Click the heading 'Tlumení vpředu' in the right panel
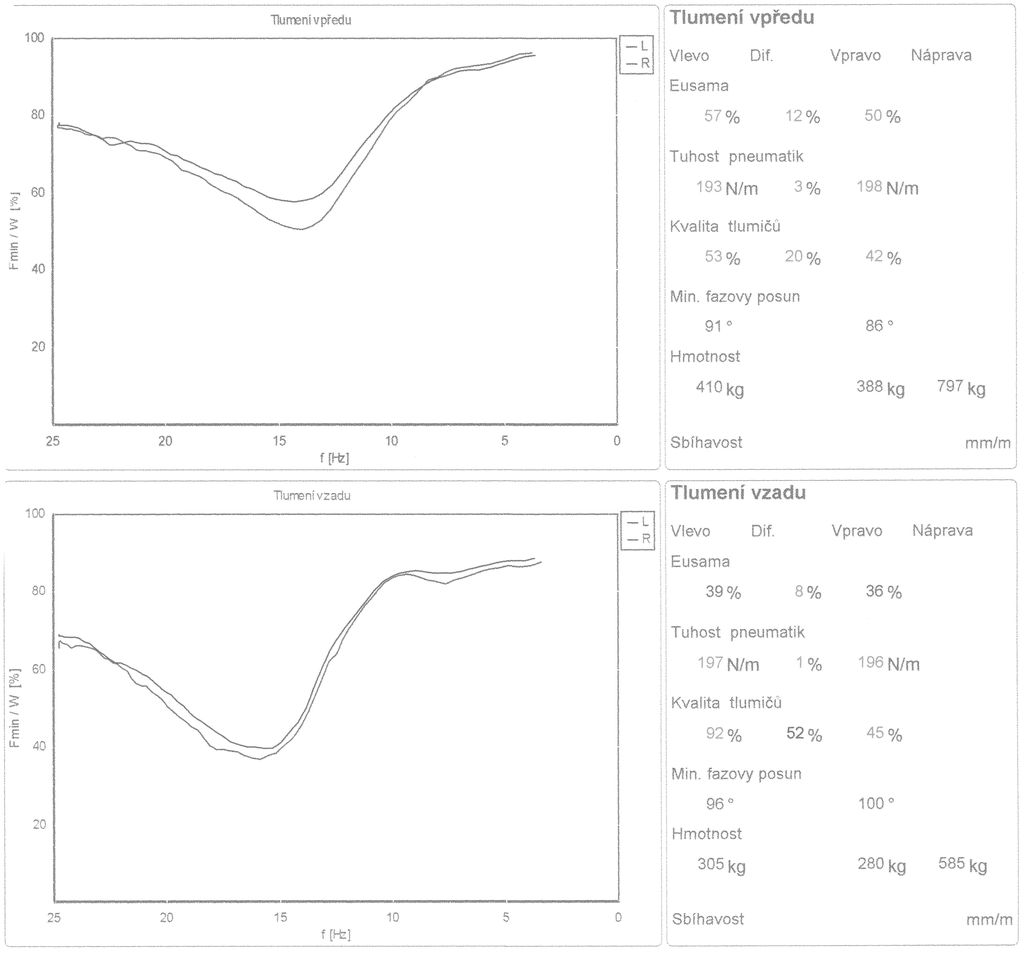(741, 17)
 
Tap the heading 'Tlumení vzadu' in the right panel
(738, 492)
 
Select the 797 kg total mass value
(961, 387)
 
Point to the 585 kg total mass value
(962, 864)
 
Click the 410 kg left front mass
(720, 388)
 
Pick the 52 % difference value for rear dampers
(804, 734)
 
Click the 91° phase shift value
(719, 325)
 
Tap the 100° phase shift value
(875, 802)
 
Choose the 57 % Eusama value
(722, 116)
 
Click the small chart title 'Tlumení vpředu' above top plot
(311, 19)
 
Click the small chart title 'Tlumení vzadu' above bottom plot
(312, 495)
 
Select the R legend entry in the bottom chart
(638, 538)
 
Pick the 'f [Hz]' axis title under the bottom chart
(335, 934)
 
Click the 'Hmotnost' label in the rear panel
(706, 833)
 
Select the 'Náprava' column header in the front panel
(941, 55)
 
